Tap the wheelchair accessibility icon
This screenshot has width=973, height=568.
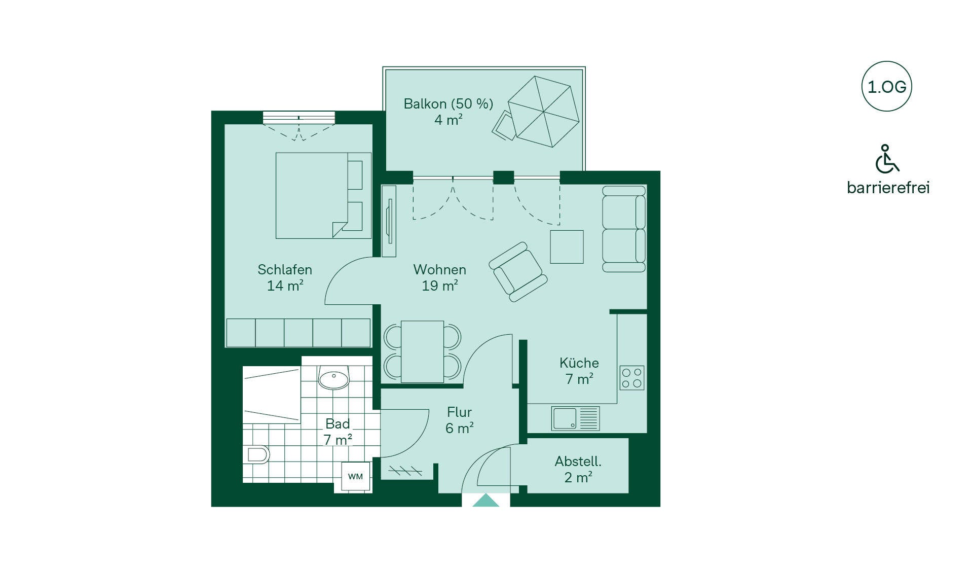click(x=887, y=159)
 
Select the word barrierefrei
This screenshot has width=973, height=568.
click(x=888, y=188)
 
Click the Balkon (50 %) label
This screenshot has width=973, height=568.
click(x=448, y=104)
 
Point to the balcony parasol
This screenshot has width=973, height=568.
click(x=543, y=112)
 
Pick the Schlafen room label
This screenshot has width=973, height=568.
click(x=285, y=269)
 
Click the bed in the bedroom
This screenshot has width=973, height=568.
click(x=323, y=196)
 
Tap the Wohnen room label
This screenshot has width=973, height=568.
click(x=440, y=269)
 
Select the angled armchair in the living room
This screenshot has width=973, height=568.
click(x=518, y=272)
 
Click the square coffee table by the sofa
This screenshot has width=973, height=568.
click(x=567, y=247)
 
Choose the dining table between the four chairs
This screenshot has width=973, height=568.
click(x=422, y=351)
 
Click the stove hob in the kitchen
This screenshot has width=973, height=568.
click(x=631, y=378)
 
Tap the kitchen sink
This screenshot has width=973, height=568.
click(x=576, y=419)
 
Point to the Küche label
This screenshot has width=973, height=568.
click(x=579, y=363)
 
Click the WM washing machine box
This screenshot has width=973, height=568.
click(x=355, y=476)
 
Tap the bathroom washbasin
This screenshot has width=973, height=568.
click(x=334, y=378)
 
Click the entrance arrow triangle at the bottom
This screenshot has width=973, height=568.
click(x=486, y=500)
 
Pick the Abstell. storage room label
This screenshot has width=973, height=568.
click(x=578, y=461)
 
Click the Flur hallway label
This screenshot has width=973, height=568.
click(x=459, y=412)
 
